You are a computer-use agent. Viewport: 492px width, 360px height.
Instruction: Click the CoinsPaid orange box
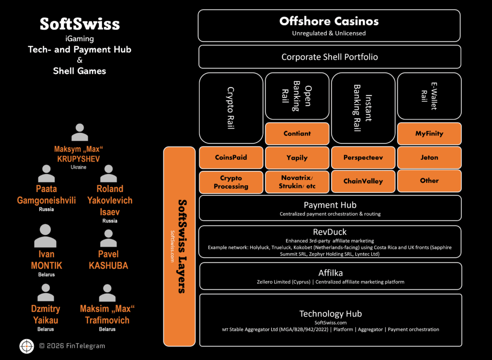[x=231, y=157]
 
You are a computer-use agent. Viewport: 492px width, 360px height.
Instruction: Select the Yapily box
[x=297, y=157]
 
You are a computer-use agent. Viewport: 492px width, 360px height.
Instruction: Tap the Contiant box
[x=297, y=133]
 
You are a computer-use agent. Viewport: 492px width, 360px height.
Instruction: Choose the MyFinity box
[x=429, y=133]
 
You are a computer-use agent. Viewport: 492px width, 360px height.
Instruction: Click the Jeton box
[x=429, y=157]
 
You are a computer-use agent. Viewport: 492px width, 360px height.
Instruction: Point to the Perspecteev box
[x=363, y=157]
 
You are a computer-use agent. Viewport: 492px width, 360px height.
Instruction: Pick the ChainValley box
[x=363, y=181]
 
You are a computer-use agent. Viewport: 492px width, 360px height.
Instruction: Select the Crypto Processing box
[x=231, y=182]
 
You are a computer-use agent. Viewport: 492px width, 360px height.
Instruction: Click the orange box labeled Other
[x=429, y=180]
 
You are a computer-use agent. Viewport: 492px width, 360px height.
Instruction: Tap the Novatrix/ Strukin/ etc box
[x=297, y=182]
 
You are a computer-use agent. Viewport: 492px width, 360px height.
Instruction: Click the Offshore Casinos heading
[x=329, y=21]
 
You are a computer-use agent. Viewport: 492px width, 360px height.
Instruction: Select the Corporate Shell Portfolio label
[x=329, y=57]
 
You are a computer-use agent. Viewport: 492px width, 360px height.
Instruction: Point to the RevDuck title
[x=329, y=232]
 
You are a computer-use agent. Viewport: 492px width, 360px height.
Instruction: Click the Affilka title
[x=329, y=273]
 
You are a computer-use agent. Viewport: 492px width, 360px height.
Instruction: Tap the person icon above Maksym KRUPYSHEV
[x=79, y=132]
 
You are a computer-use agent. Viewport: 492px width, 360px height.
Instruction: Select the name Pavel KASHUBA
[x=108, y=260]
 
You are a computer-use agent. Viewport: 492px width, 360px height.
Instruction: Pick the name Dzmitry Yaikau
[x=46, y=315]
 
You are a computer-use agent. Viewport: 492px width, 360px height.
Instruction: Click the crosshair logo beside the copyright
[x=26, y=346]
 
